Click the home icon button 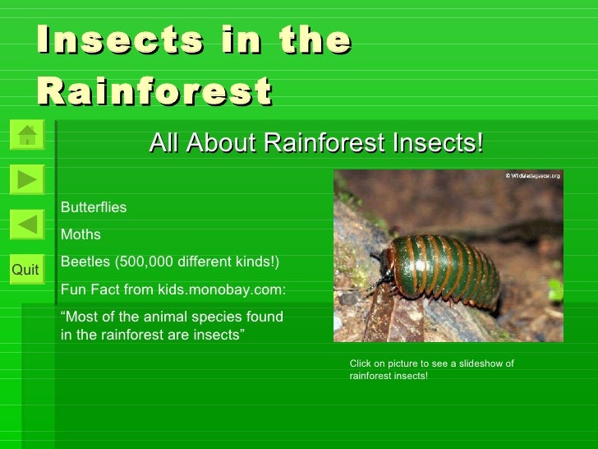[x=27, y=135]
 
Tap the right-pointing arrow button [x=27, y=178]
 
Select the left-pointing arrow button [x=27, y=224]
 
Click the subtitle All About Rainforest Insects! [x=316, y=143]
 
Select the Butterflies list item [x=94, y=207]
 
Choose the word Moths [x=80, y=235]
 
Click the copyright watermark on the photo [x=532, y=176]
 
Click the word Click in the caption [x=361, y=363]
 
